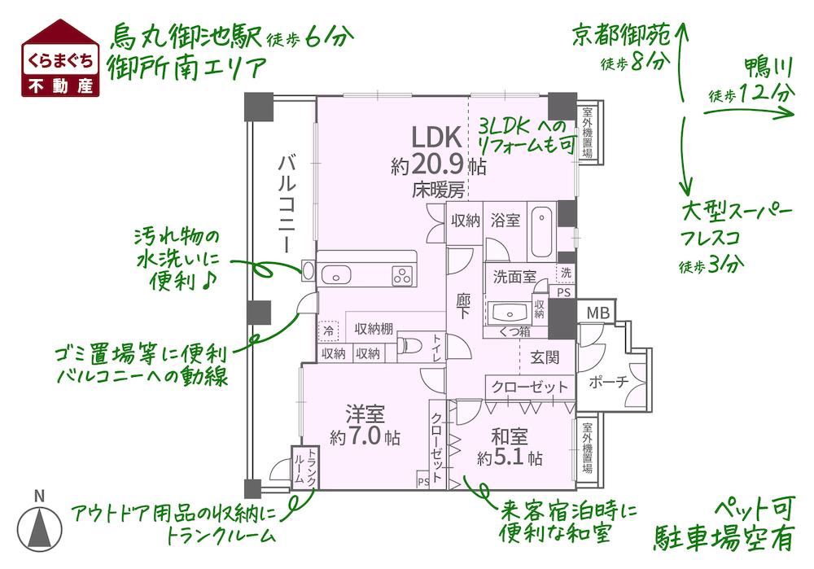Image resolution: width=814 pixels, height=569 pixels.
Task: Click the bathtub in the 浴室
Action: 541,234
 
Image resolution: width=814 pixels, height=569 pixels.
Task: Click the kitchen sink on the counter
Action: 334,274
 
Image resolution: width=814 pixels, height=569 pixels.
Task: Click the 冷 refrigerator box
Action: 328,330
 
